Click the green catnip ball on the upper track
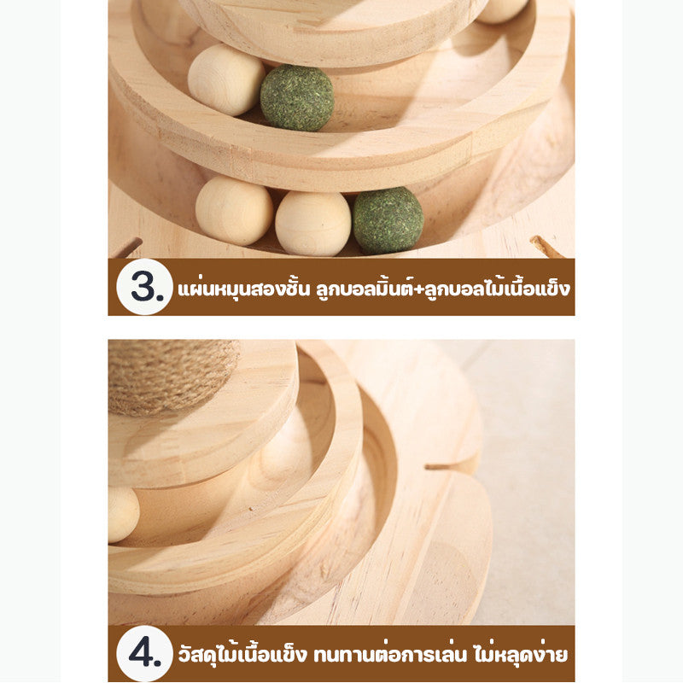click(x=297, y=97)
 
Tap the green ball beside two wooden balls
click(x=388, y=220)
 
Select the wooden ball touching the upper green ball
click(x=225, y=79)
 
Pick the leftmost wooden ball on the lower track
click(x=234, y=210)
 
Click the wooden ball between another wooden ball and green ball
click(x=313, y=224)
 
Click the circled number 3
click(x=145, y=287)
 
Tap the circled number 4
click(x=145, y=653)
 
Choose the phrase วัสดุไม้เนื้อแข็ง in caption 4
click(x=243, y=654)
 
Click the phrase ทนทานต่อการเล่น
click(x=389, y=655)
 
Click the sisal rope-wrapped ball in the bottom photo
click(x=173, y=377)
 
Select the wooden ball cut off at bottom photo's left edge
click(x=124, y=514)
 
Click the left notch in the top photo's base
click(x=129, y=247)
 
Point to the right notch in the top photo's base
click(x=546, y=246)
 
